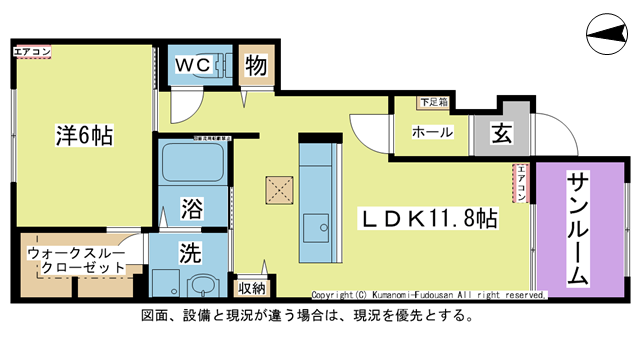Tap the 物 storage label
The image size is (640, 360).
(x=254, y=66)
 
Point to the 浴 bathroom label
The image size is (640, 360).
(x=191, y=209)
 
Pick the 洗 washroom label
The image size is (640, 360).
(x=191, y=252)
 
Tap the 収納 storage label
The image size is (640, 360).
(x=252, y=288)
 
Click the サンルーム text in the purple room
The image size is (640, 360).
(x=578, y=230)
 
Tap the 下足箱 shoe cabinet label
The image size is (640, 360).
(x=432, y=102)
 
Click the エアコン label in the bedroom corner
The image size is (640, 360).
(x=31, y=50)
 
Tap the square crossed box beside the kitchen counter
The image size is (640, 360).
(x=278, y=190)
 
